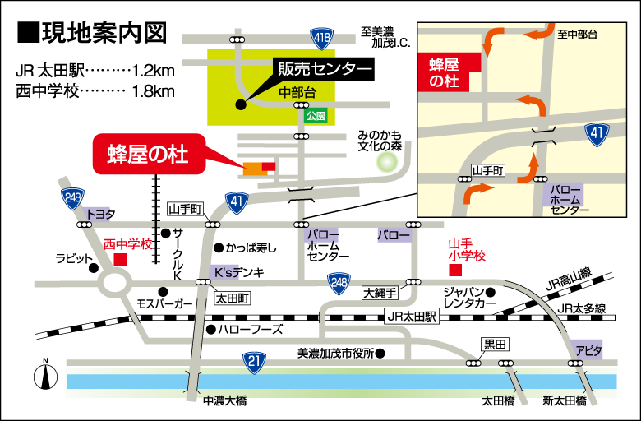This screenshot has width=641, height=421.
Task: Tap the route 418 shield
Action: point(322,37)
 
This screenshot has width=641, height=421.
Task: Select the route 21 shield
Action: point(256,361)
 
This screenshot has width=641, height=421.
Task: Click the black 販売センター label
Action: point(322,69)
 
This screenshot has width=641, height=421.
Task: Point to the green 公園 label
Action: point(316,116)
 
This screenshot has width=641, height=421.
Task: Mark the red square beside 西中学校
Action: point(121,259)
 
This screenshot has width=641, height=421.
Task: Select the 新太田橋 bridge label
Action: point(565,401)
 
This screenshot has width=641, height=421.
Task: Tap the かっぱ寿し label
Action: point(251,248)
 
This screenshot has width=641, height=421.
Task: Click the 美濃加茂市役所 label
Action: point(336,354)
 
